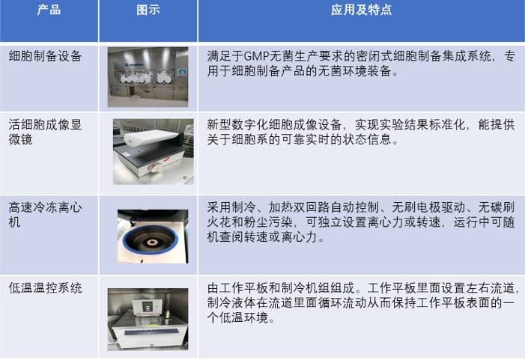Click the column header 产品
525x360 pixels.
coord(49,10)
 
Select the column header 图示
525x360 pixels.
coord(148,10)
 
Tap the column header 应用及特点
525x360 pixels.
coord(361,10)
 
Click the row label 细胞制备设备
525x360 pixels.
coord(45,56)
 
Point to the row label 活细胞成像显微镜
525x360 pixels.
coord(45,132)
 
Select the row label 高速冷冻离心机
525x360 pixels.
coord(45,215)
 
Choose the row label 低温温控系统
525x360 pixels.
coord(45,287)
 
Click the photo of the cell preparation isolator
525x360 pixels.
coord(148,77)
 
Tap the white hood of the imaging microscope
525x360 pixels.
coord(151,138)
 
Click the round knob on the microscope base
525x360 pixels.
coord(155,167)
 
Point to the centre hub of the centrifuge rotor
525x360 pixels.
coord(152,242)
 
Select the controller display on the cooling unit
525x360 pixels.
coord(147,306)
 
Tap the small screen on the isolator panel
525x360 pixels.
coord(182,72)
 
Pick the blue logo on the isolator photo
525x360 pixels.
coord(134,64)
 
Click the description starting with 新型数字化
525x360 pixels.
coord(360,132)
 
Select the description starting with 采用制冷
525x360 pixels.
coord(360,222)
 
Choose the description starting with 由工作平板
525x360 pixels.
coord(360,302)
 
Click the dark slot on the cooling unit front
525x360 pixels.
coord(151,332)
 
